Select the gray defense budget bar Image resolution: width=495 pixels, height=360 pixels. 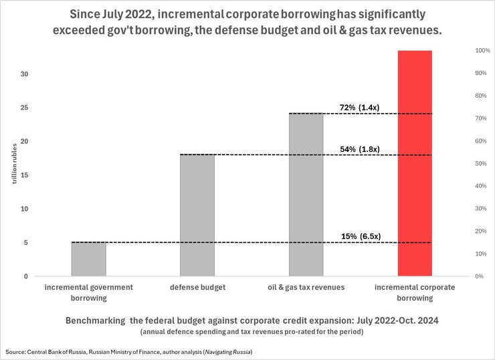[x=197, y=215]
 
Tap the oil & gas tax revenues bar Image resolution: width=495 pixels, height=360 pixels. [x=306, y=194]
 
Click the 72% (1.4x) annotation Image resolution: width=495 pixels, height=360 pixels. [x=361, y=107]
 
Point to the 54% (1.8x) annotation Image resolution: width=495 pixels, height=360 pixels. [x=361, y=149]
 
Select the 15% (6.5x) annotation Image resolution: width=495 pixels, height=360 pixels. [x=361, y=236]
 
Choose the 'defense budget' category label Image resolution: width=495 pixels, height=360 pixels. [x=197, y=287]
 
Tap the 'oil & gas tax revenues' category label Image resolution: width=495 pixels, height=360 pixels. [x=306, y=287]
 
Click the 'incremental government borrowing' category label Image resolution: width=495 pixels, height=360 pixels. [x=88, y=292]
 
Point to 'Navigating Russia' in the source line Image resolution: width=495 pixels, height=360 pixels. [x=227, y=351]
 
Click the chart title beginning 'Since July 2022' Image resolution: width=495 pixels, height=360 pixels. [x=247, y=21]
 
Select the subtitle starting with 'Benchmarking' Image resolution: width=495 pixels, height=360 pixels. [x=247, y=321]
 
